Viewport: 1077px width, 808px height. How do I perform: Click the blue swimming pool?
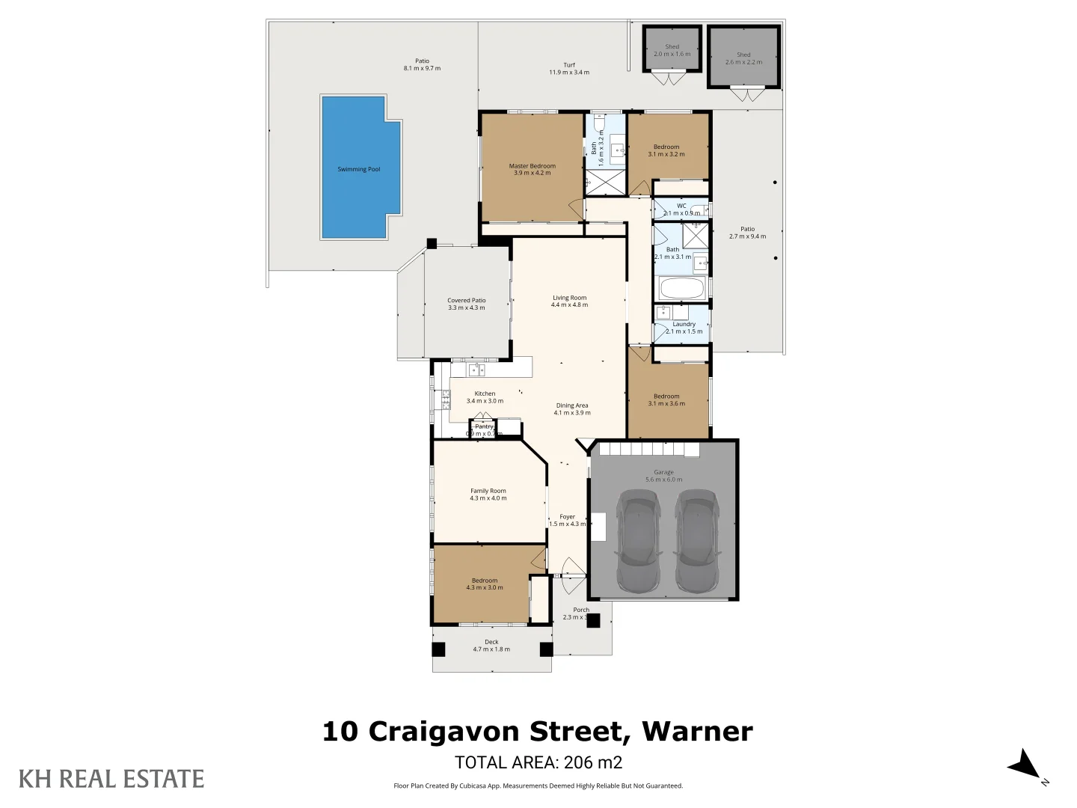[359, 168]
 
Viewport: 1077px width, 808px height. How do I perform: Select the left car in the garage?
[638, 540]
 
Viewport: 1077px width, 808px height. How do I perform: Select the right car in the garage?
[697, 540]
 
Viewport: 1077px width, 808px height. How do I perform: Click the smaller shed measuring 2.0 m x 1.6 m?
[672, 49]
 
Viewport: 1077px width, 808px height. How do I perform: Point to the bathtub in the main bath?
[681, 289]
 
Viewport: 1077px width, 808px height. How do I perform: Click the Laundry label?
[684, 325]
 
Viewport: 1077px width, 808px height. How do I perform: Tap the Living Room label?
[569, 298]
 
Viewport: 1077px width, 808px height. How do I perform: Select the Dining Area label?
[572, 405]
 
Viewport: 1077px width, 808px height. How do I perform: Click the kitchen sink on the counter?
[476, 370]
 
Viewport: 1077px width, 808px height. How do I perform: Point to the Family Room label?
[488, 492]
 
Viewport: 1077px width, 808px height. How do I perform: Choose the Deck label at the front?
[491, 642]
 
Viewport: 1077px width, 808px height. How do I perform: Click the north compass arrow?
[1024, 765]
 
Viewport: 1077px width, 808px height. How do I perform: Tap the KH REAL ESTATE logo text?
[111, 779]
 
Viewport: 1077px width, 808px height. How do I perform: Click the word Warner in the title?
[697, 732]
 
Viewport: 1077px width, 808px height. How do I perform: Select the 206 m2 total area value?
[592, 762]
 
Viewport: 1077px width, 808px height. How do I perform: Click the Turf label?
[569, 65]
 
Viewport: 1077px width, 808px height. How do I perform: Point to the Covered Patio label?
[466, 301]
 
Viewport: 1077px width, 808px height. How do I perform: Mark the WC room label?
[681, 206]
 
